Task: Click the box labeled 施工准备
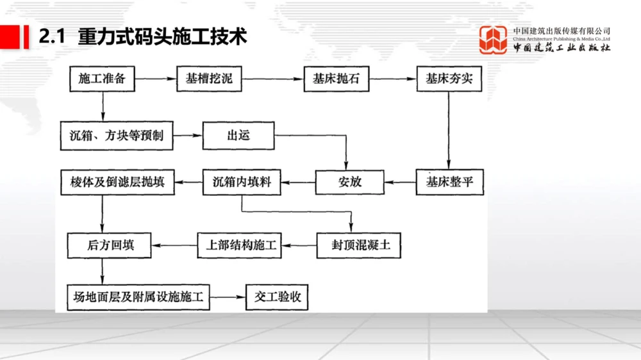[102, 79]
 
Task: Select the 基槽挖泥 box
[209, 79]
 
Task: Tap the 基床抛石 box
[336, 79]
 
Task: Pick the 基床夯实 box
[449, 79]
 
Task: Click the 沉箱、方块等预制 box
[116, 136]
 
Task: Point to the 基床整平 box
[449, 182]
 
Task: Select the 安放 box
[350, 182]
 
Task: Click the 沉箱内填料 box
[242, 182]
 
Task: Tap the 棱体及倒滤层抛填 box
[117, 182]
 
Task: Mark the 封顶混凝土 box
[358, 245]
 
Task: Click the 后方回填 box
[110, 245]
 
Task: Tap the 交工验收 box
[277, 297]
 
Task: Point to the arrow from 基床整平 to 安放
[400, 182]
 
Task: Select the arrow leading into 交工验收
[228, 297]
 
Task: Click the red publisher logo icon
[494, 39]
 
